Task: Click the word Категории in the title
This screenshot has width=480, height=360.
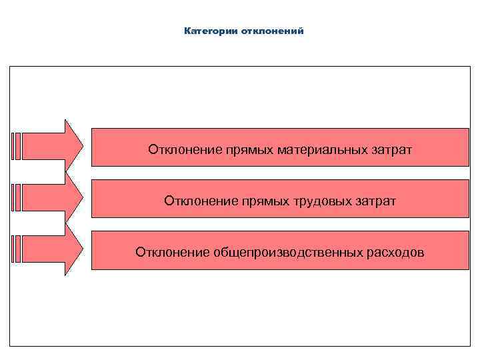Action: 206,31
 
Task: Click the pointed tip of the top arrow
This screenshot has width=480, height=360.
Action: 81,146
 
